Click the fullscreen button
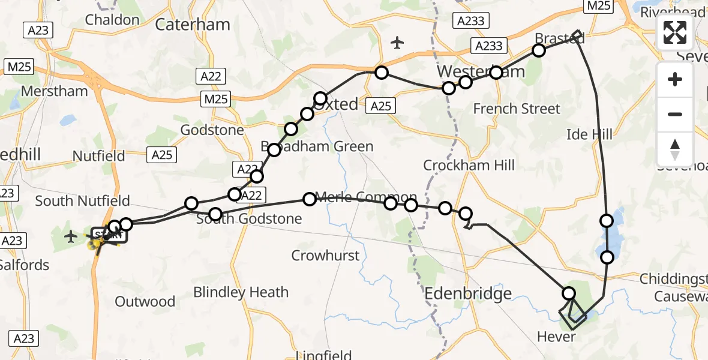coord(675,33)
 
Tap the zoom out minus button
coord(675,114)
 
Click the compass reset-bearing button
coord(675,149)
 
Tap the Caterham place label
coord(193,25)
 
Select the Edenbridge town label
coord(469,293)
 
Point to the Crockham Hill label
coord(469,165)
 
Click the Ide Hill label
coord(590,134)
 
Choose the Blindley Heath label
coord(241,292)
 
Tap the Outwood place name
coord(145,301)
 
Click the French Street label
coord(517,109)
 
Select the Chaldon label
coord(112,19)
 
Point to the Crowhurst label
coord(325,256)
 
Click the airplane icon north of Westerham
coord(397,42)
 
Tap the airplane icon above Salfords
coord(71,236)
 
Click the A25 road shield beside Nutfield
coord(162,155)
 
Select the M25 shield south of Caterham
coord(215,99)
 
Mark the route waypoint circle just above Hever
coord(569,293)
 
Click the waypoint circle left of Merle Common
coord(310,199)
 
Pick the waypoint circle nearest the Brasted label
coord(539,50)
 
